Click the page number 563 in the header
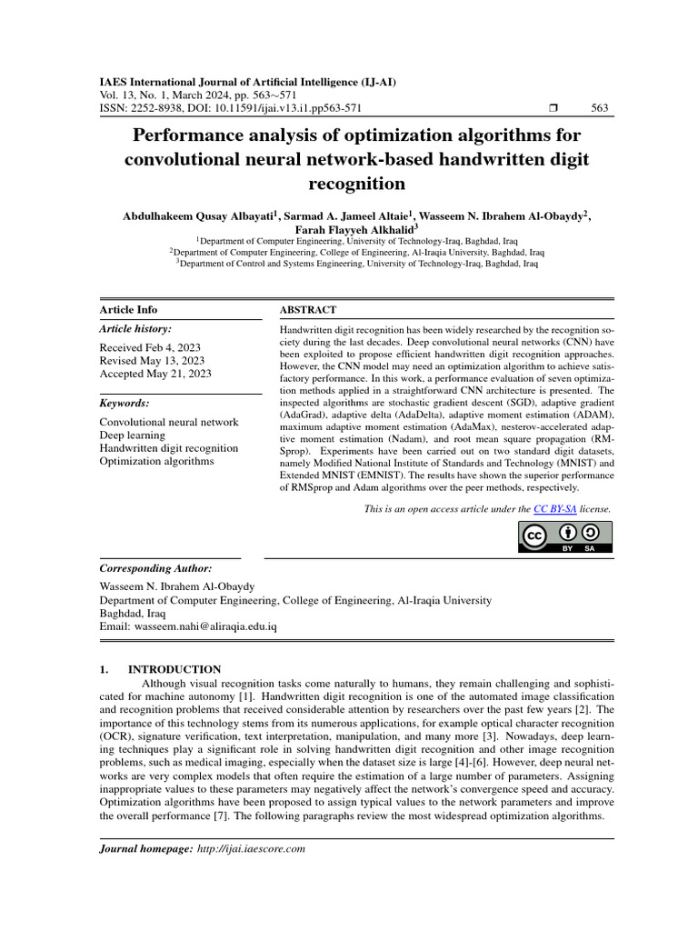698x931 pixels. click(600, 107)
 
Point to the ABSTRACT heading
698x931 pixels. click(308, 310)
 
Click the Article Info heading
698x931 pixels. click(127, 310)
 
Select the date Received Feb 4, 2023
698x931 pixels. click(150, 347)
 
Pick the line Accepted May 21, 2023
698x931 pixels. click(155, 373)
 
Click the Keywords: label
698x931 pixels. click(125, 403)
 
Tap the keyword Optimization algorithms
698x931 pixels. click(156, 461)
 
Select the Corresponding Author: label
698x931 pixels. click(155, 567)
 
